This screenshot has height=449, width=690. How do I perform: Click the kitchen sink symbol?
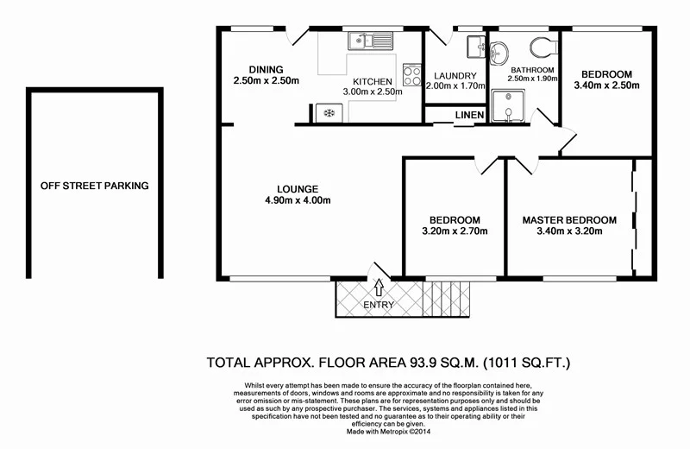point(368,40)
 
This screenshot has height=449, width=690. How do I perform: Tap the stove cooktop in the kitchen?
point(411,76)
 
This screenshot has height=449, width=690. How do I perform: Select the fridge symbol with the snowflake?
point(328,112)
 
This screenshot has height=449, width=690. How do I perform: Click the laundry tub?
point(475,47)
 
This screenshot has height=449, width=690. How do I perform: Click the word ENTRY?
point(379,305)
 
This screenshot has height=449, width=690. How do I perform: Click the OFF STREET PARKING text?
point(94,186)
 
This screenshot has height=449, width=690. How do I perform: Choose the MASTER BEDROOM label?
point(569,220)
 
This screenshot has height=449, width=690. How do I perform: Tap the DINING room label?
point(266,70)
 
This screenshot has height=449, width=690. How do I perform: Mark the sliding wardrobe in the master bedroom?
point(636,216)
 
